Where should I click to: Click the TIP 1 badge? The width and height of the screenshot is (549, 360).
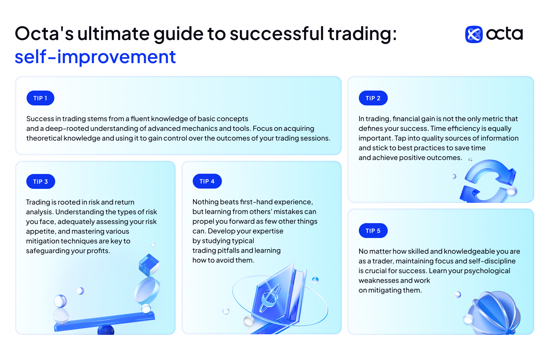40,98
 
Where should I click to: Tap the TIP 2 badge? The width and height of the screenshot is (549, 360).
373,98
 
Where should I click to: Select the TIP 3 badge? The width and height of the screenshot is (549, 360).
41,181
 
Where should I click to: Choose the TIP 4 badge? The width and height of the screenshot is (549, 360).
207,181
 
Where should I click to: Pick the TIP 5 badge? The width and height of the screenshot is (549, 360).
373,231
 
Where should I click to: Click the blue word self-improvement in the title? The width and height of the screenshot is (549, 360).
95,57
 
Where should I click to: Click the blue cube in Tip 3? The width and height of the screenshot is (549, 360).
149,265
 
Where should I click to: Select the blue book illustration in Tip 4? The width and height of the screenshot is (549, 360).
279,297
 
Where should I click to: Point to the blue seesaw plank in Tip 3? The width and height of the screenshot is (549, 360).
105,321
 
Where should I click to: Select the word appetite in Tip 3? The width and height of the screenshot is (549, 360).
41,231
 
